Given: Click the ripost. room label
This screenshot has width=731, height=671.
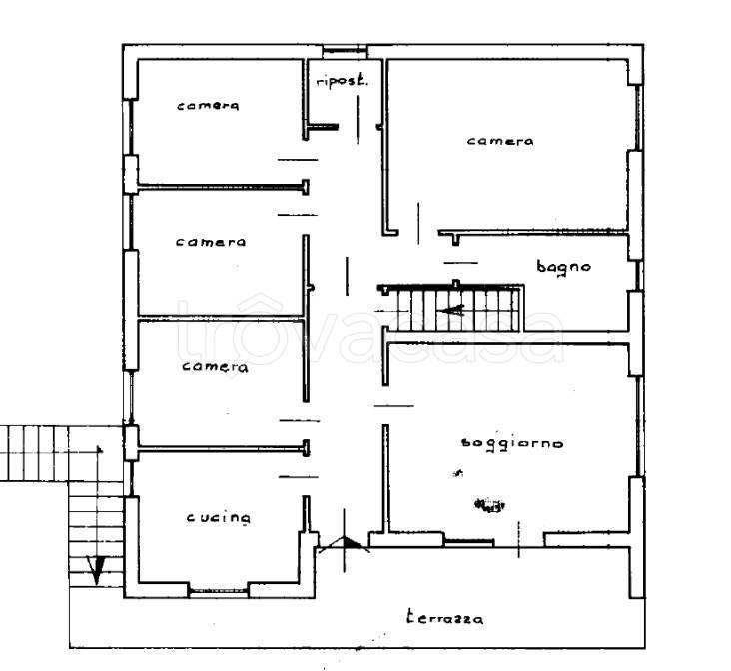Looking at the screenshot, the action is pyautogui.click(x=342, y=81).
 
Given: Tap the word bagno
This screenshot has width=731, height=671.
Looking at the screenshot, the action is pyautogui.click(x=563, y=268).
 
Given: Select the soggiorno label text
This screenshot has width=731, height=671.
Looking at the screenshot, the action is pyautogui.click(x=512, y=444).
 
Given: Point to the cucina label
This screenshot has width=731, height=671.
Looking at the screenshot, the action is pyautogui.click(x=218, y=517).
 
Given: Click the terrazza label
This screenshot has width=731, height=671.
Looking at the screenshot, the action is pyautogui.click(x=444, y=617).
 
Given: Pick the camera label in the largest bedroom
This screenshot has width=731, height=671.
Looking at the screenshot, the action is pyautogui.click(x=499, y=141).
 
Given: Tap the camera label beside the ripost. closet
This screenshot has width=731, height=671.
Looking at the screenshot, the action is pyautogui.click(x=208, y=106).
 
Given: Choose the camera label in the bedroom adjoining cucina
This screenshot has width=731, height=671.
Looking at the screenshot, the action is pyautogui.click(x=215, y=367).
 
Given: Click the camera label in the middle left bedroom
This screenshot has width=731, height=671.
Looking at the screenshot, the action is pyautogui.click(x=211, y=242).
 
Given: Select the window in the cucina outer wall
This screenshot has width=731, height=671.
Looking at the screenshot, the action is pyautogui.click(x=218, y=592).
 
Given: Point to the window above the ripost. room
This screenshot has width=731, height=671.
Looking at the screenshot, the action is pyautogui.click(x=345, y=50).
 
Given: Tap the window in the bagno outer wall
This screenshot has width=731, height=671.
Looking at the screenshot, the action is pyautogui.click(x=639, y=276).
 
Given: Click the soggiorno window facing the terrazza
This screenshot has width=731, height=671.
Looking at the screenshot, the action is pyautogui.click(x=468, y=543).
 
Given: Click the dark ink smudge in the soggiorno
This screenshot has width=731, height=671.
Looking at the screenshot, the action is pyautogui.click(x=489, y=505).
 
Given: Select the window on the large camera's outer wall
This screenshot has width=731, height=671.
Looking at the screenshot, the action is pyautogui.click(x=639, y=118).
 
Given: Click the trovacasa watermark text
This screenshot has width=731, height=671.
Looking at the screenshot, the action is pyautogui.click(x=370, y=332).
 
